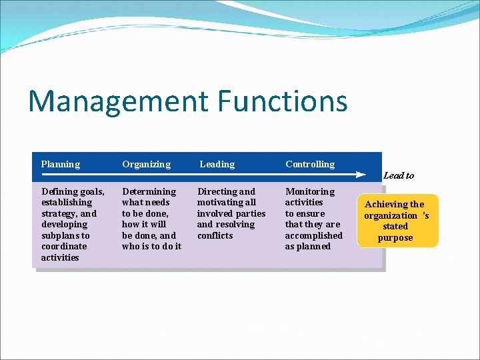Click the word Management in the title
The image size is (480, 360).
pos(118,101)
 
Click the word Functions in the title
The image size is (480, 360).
pos(283,101)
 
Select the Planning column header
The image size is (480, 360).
pos(60,164)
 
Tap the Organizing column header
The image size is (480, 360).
pos(146,164)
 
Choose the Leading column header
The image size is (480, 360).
pos(217,164)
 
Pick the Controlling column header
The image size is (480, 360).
pos(310,164)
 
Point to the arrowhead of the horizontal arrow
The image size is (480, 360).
pos(361,175)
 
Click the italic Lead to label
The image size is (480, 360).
pos(399,175)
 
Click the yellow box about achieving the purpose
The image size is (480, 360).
pos(397,221)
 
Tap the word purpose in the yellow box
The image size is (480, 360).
pos(395,238)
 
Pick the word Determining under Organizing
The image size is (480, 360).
pos(149,191)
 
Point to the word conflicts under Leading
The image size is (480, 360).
pos(215,235)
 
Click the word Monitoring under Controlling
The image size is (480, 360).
pos(310,191)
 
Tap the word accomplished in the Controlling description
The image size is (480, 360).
pos(313,235)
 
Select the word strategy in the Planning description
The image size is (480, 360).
pos(60,213)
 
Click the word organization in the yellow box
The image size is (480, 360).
pos(391,215)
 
